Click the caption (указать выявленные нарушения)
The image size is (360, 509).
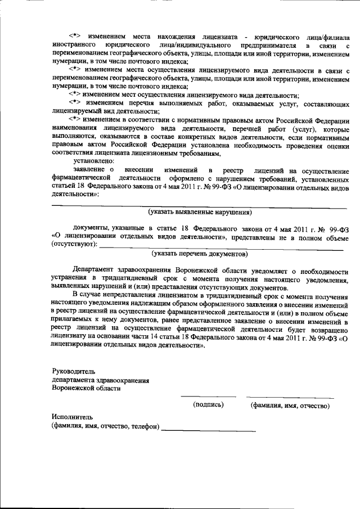(x=200, y=213)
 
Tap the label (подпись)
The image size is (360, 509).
(x=208, y=404)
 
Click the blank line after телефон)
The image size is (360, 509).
(x=208, y=430)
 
